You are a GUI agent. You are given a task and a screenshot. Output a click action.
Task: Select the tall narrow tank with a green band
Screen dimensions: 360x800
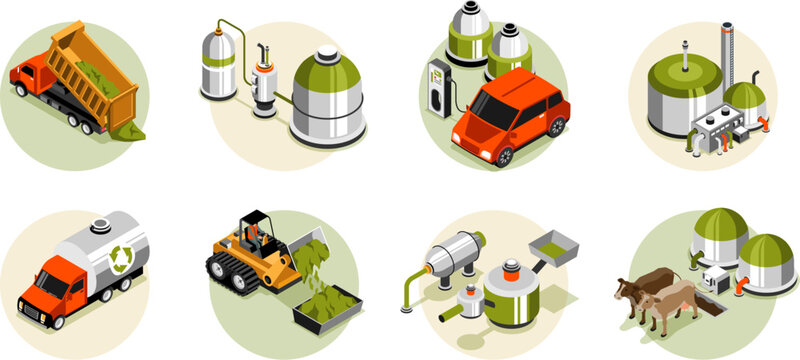click(x=218, y=64)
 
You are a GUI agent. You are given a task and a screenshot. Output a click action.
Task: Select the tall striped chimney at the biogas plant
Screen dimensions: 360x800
click(x=726, y=54)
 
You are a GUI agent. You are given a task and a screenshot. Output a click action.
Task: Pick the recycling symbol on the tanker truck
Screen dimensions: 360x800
click(x=118, y=258)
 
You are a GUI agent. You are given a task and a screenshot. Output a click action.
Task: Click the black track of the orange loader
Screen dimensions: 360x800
click(x=235, y=275)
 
